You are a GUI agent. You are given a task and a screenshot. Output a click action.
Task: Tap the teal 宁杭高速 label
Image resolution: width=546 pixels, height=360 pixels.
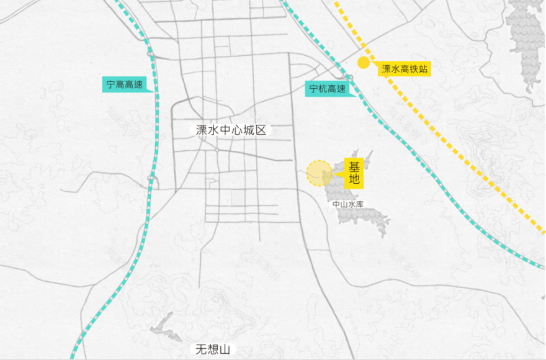tap(328, 89)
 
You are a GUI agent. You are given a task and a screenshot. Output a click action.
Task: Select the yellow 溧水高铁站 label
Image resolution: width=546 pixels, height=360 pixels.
tap(405, 69)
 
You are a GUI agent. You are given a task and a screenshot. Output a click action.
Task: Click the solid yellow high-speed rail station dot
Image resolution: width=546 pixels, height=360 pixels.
tap(364, 62)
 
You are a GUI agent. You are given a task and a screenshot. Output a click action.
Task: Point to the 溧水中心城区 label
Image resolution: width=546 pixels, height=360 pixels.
tap(230, 130)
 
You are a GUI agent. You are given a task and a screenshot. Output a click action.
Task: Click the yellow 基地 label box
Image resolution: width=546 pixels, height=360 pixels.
tap(354, 173)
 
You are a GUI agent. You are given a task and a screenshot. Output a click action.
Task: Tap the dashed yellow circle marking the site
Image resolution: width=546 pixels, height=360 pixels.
tap(320, 173)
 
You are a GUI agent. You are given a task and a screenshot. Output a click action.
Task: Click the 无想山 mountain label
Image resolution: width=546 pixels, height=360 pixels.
tap(212, 349)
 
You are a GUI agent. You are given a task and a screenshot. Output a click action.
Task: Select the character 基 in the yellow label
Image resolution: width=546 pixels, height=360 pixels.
tap(354, 167)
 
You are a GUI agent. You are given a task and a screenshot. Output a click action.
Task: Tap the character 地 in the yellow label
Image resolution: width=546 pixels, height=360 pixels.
tap(354, 181)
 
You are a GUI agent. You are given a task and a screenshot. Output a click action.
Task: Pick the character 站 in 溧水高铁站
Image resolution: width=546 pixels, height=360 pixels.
tap(423, 69)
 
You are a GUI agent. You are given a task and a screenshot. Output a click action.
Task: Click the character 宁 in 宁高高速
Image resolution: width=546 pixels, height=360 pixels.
tap(110, 85)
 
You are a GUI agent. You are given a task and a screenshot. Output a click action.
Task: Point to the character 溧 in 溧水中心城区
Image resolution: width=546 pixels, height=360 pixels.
tap(201, 130)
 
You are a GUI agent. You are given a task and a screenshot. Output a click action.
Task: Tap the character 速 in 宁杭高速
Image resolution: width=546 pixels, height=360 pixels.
tap(341, 89)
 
